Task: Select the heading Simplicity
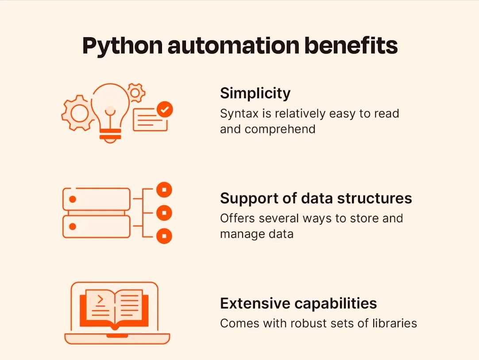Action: [x=255, y=93]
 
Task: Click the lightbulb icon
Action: [x=110, y=108]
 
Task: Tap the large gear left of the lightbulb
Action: [x=78, y=113]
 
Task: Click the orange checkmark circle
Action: [x=165, y=109]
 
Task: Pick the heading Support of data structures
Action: [x=316, y=198]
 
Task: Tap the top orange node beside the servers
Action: [x=164, y=190]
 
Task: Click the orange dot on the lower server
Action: [x=73, y=227]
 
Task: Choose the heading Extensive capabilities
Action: [x=298, y=304]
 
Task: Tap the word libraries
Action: [x=394, y=323]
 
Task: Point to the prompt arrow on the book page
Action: [x=100, y=300]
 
